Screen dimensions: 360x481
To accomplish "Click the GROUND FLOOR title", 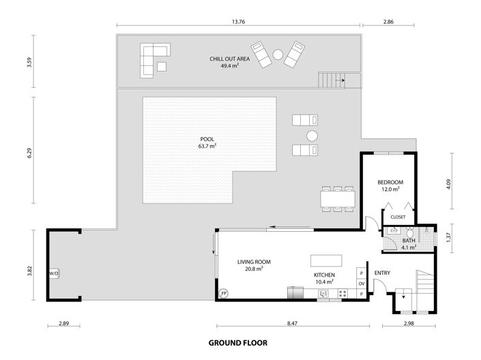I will click(x=237, y=343).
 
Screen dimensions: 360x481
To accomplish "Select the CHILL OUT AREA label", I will click(x=229, y=59).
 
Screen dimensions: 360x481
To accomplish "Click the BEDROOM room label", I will click(x=390, y=183).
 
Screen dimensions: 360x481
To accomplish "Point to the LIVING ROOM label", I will click(x=254, y=262).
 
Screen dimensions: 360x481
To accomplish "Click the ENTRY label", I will click(x=382, y=273).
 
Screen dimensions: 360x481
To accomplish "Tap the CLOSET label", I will click(x=398, y=217).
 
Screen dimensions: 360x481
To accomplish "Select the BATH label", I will click(x=409, y=240).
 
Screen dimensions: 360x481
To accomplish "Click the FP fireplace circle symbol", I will click(x=223, y=294).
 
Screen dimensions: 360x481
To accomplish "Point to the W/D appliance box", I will click(x=53, y=273).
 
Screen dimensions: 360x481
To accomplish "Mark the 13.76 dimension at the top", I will click(x=238, y=22).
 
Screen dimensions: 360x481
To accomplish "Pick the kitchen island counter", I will click(x=324, y=261).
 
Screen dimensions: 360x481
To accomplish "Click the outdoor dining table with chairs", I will click(x=338, y=198).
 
